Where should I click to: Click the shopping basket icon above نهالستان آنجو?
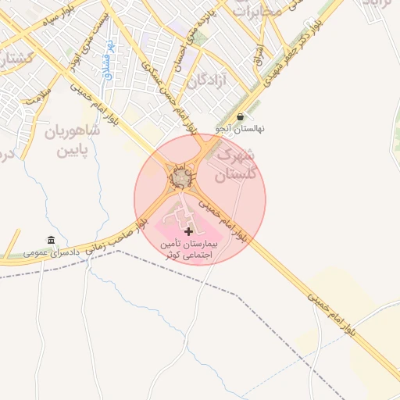(x=239, y=116)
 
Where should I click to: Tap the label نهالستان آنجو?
(x=241, y=128)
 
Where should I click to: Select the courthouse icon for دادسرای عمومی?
(x=52, y=239)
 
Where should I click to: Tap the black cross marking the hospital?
(x=188, y=232)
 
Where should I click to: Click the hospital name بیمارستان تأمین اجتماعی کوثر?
(x=188, y=249)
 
